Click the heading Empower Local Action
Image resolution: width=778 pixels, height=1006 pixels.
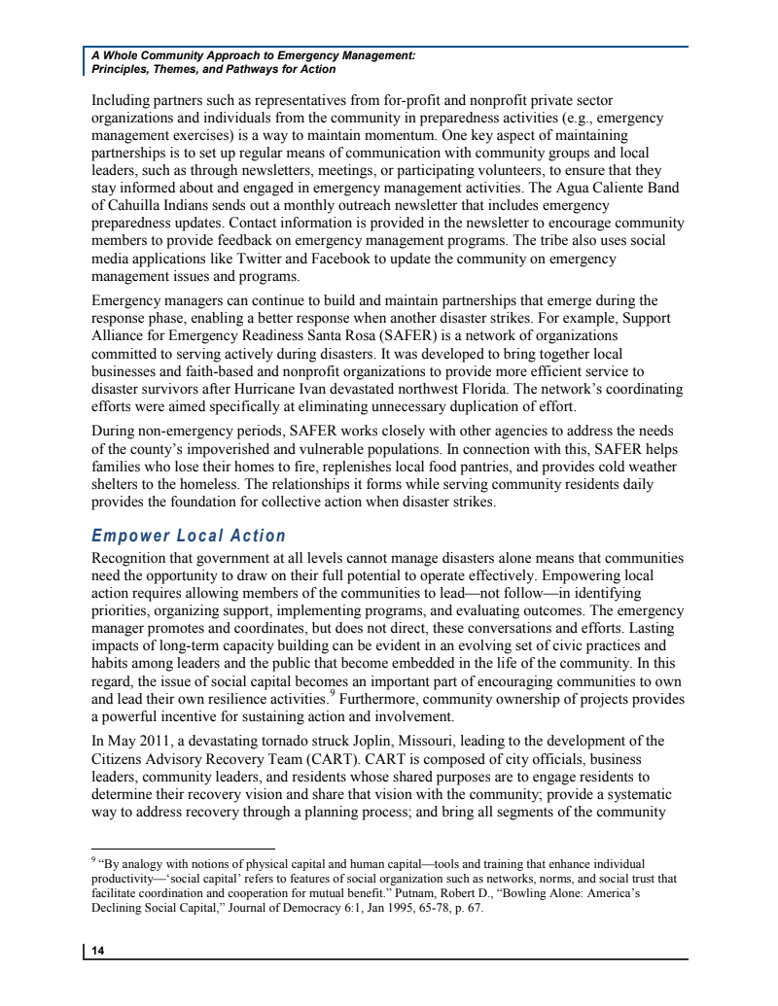point(189,536)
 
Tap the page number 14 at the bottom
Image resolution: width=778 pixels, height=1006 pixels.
point(98,952)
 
